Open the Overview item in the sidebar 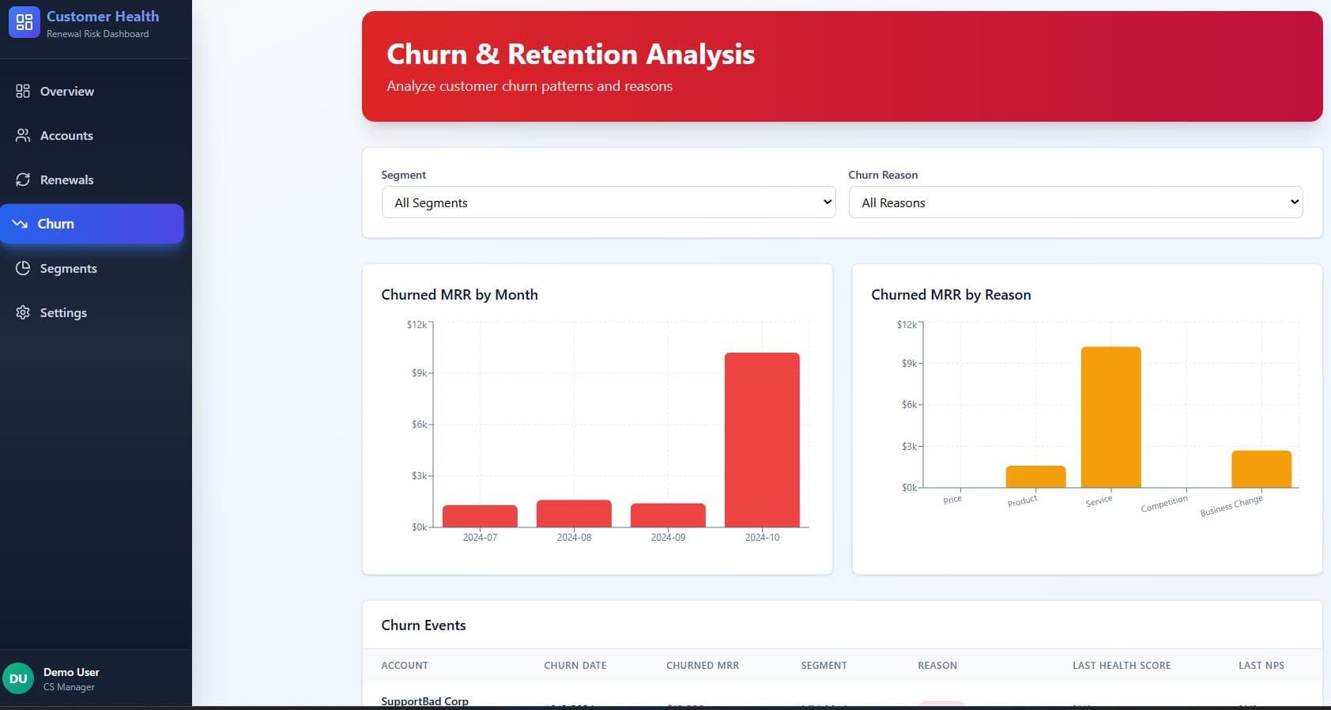pyautogui.click(x=66, y=91)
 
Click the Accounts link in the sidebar pyautogui.click(x=66, y=135)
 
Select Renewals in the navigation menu pyautogui.click(x=66, y=179)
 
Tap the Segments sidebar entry pyautogui.click(x=68, y=268)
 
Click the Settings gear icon pyautogui.click(x=23, y=312)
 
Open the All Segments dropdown pyautogui.click(x=608, y=202)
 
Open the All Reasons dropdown pyautogui.click(x=1075, y=202)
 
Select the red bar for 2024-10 pyautogui.click(x=762, y=440)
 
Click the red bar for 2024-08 pyautogui.click(x=574, y=513)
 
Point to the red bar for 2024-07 pyautogui.click(x=480, y=516)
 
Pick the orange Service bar pyautogui.click(x=1110, y=417)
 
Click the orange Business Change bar pyautogui.click(x=1261, y=469)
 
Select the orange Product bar pyautogui.click(x=1035, y=477)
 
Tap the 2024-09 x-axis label pyautogui.click(x=668, y=538)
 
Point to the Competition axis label pyautogui.click(x=1163, y=504)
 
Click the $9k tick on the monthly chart pyautogui.click(x=419, y=372)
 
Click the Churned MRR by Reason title pyautogui.click(x=951, y=295)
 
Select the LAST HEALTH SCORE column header pyautogui.click(x=1121, y=666)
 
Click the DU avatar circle pyautogui.click(x=18, y=678)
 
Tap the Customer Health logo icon pyautogui.click(x=24, y=22)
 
